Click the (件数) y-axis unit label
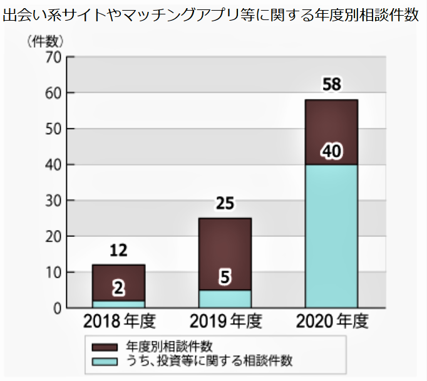point(45,42)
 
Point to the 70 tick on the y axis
point(52,57)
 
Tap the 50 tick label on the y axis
point(52,129)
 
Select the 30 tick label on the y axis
point(52,201)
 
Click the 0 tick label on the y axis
point(56,308)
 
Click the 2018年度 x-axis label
point(119,322)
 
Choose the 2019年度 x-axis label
point(225,322)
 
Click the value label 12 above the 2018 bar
point(118,251)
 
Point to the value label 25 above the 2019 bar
point(225,204)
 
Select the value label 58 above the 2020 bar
point(331,85)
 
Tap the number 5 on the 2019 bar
point(225,276)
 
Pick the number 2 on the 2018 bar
point(118,288)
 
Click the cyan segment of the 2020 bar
point(331,238)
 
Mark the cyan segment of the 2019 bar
point(225,300)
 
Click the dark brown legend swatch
point(105,347)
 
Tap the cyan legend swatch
point(105,360)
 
